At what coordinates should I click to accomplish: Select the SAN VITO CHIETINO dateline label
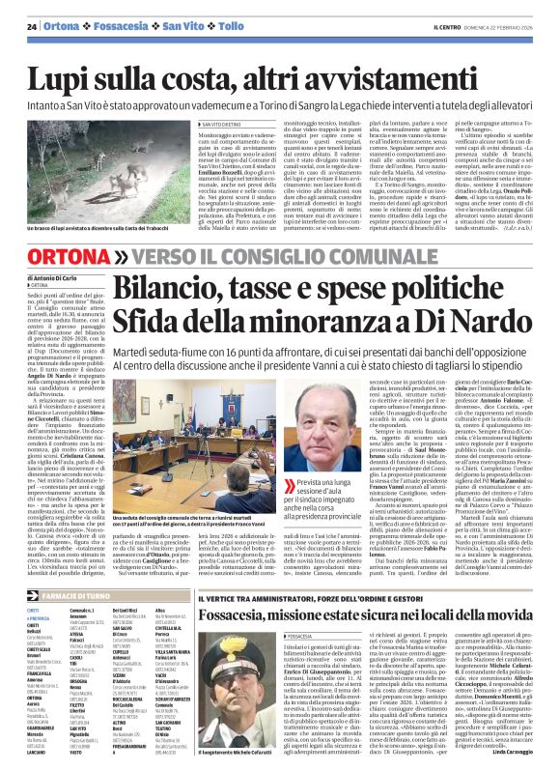226,125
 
